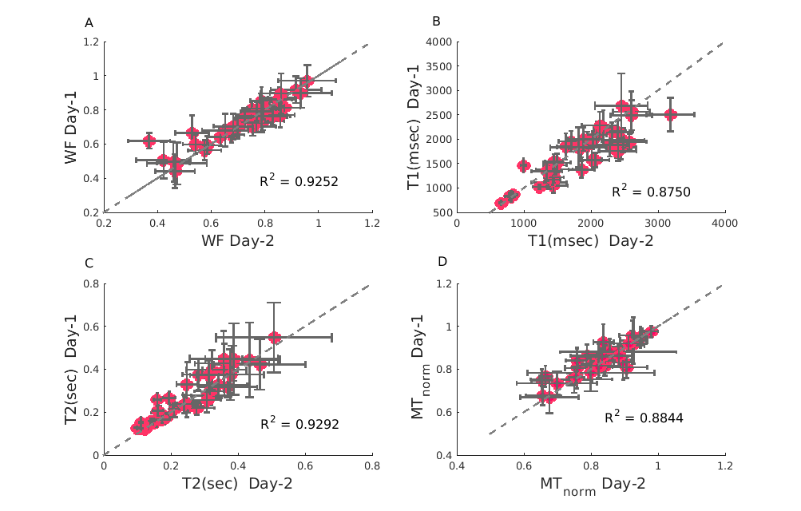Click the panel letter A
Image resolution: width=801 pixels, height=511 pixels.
(89, 23)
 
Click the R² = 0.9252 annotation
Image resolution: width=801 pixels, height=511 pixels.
(299, 181)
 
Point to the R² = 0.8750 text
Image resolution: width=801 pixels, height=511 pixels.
(651, 191)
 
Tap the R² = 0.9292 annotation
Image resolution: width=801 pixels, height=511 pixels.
(299, 424)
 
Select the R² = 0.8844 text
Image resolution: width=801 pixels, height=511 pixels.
(644, 416)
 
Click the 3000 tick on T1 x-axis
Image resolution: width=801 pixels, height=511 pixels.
(657, 224)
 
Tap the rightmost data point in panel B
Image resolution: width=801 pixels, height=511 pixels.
(670, 114)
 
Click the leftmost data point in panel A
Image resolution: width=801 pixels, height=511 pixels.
(149, 141)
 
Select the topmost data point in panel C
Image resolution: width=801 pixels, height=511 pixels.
(274, 338)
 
